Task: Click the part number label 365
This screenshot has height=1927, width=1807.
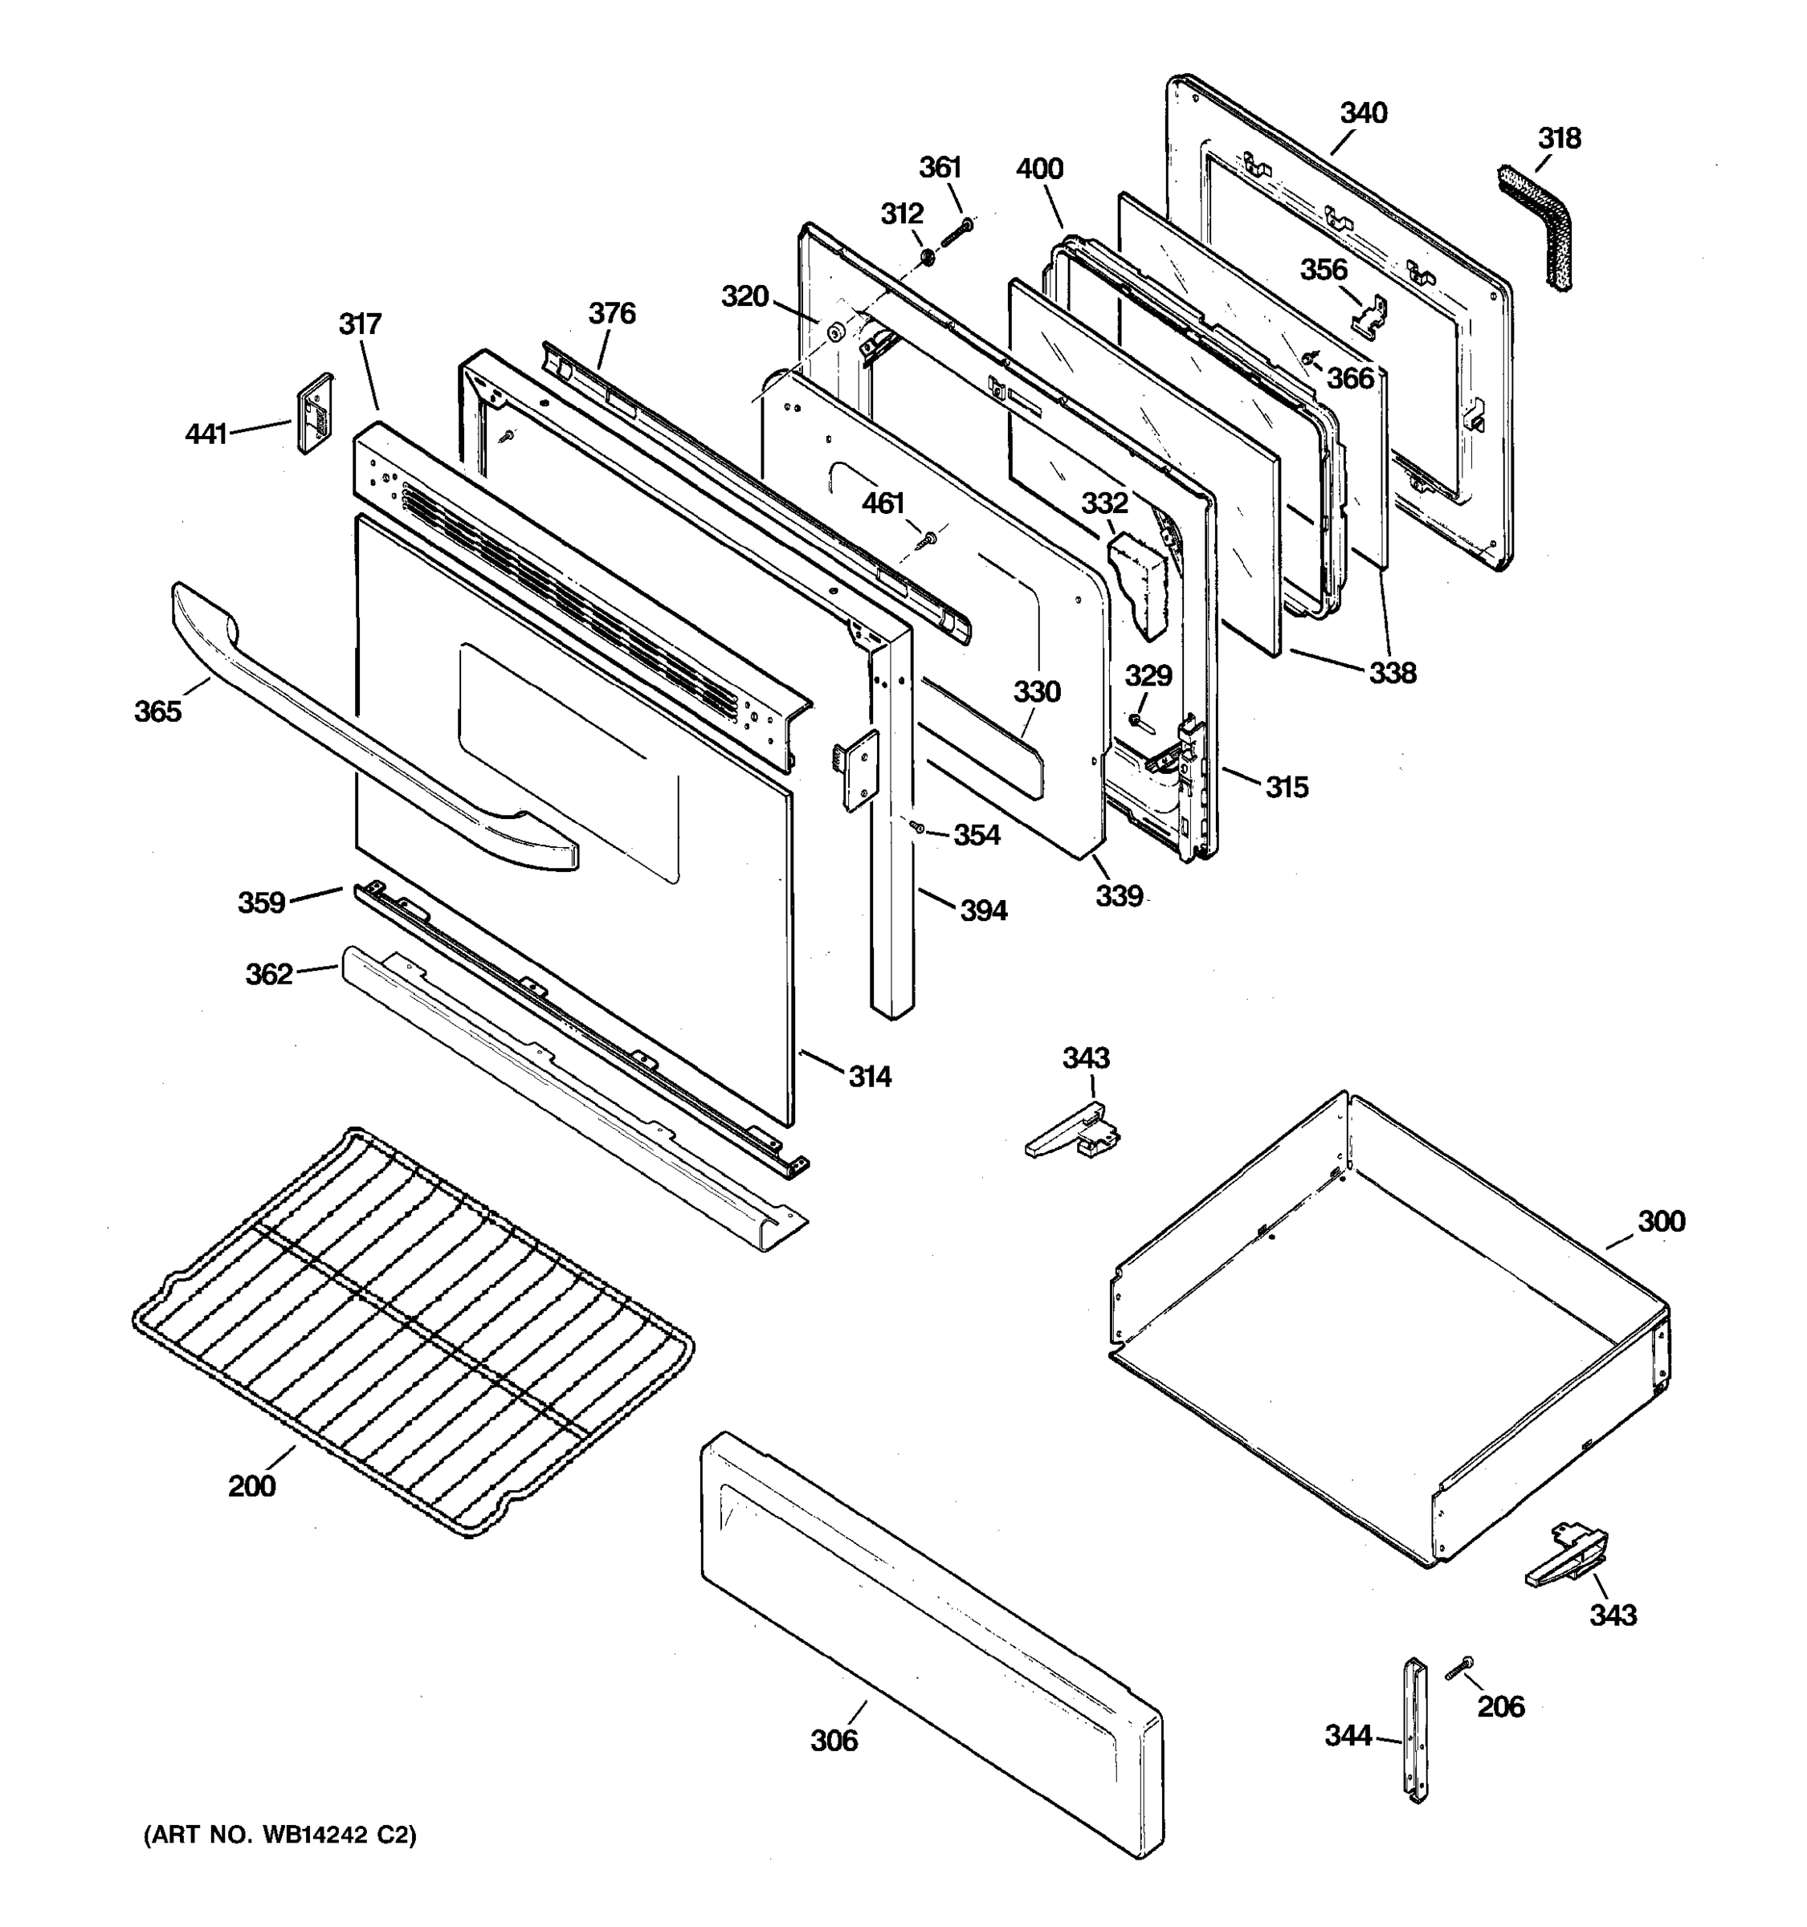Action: click(158, 711)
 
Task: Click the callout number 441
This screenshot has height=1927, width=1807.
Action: click(206, 434)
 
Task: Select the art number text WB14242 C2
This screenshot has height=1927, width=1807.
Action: click(280, 1835)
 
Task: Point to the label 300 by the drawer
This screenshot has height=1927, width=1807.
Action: click(1661, 1221)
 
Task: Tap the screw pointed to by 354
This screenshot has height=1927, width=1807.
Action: click(916, 826)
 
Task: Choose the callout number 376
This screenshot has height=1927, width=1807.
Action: click(612, 313)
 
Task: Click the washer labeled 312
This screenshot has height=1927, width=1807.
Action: click(927, 257)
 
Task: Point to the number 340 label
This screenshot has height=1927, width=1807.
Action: click(1363, 113)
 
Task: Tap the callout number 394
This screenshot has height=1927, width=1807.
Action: click(983, 911)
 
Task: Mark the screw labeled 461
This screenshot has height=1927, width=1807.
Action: click(928, 538)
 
